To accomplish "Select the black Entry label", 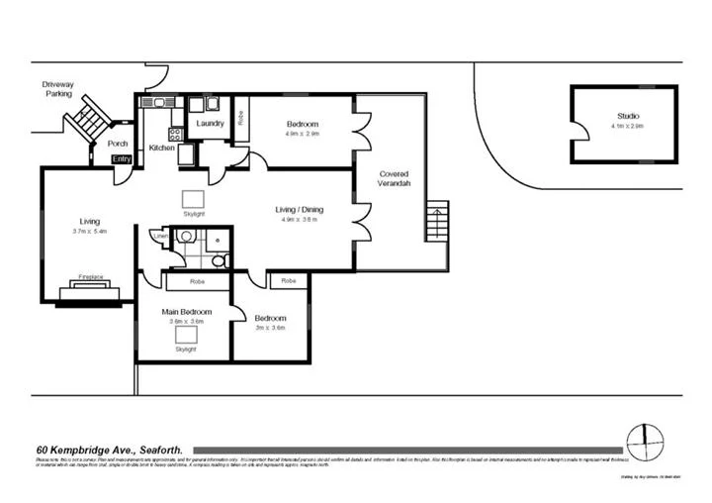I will tap(122, 159).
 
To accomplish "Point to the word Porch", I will tap(118, 144).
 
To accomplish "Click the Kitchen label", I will tap(161, 149).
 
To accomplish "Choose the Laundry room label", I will tap(210, 124).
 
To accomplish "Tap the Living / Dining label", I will tap(299, 209).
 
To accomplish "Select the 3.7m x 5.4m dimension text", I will tap(89, 231).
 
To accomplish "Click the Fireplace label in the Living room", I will tap(90, 278).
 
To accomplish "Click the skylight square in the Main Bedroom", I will tap(185, 335).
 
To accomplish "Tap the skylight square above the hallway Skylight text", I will tap(194, 196).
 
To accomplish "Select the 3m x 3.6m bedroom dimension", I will tap(270, 328).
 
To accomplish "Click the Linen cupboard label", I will tap(157, 236).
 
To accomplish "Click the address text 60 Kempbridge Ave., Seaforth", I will tap(111, 448).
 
